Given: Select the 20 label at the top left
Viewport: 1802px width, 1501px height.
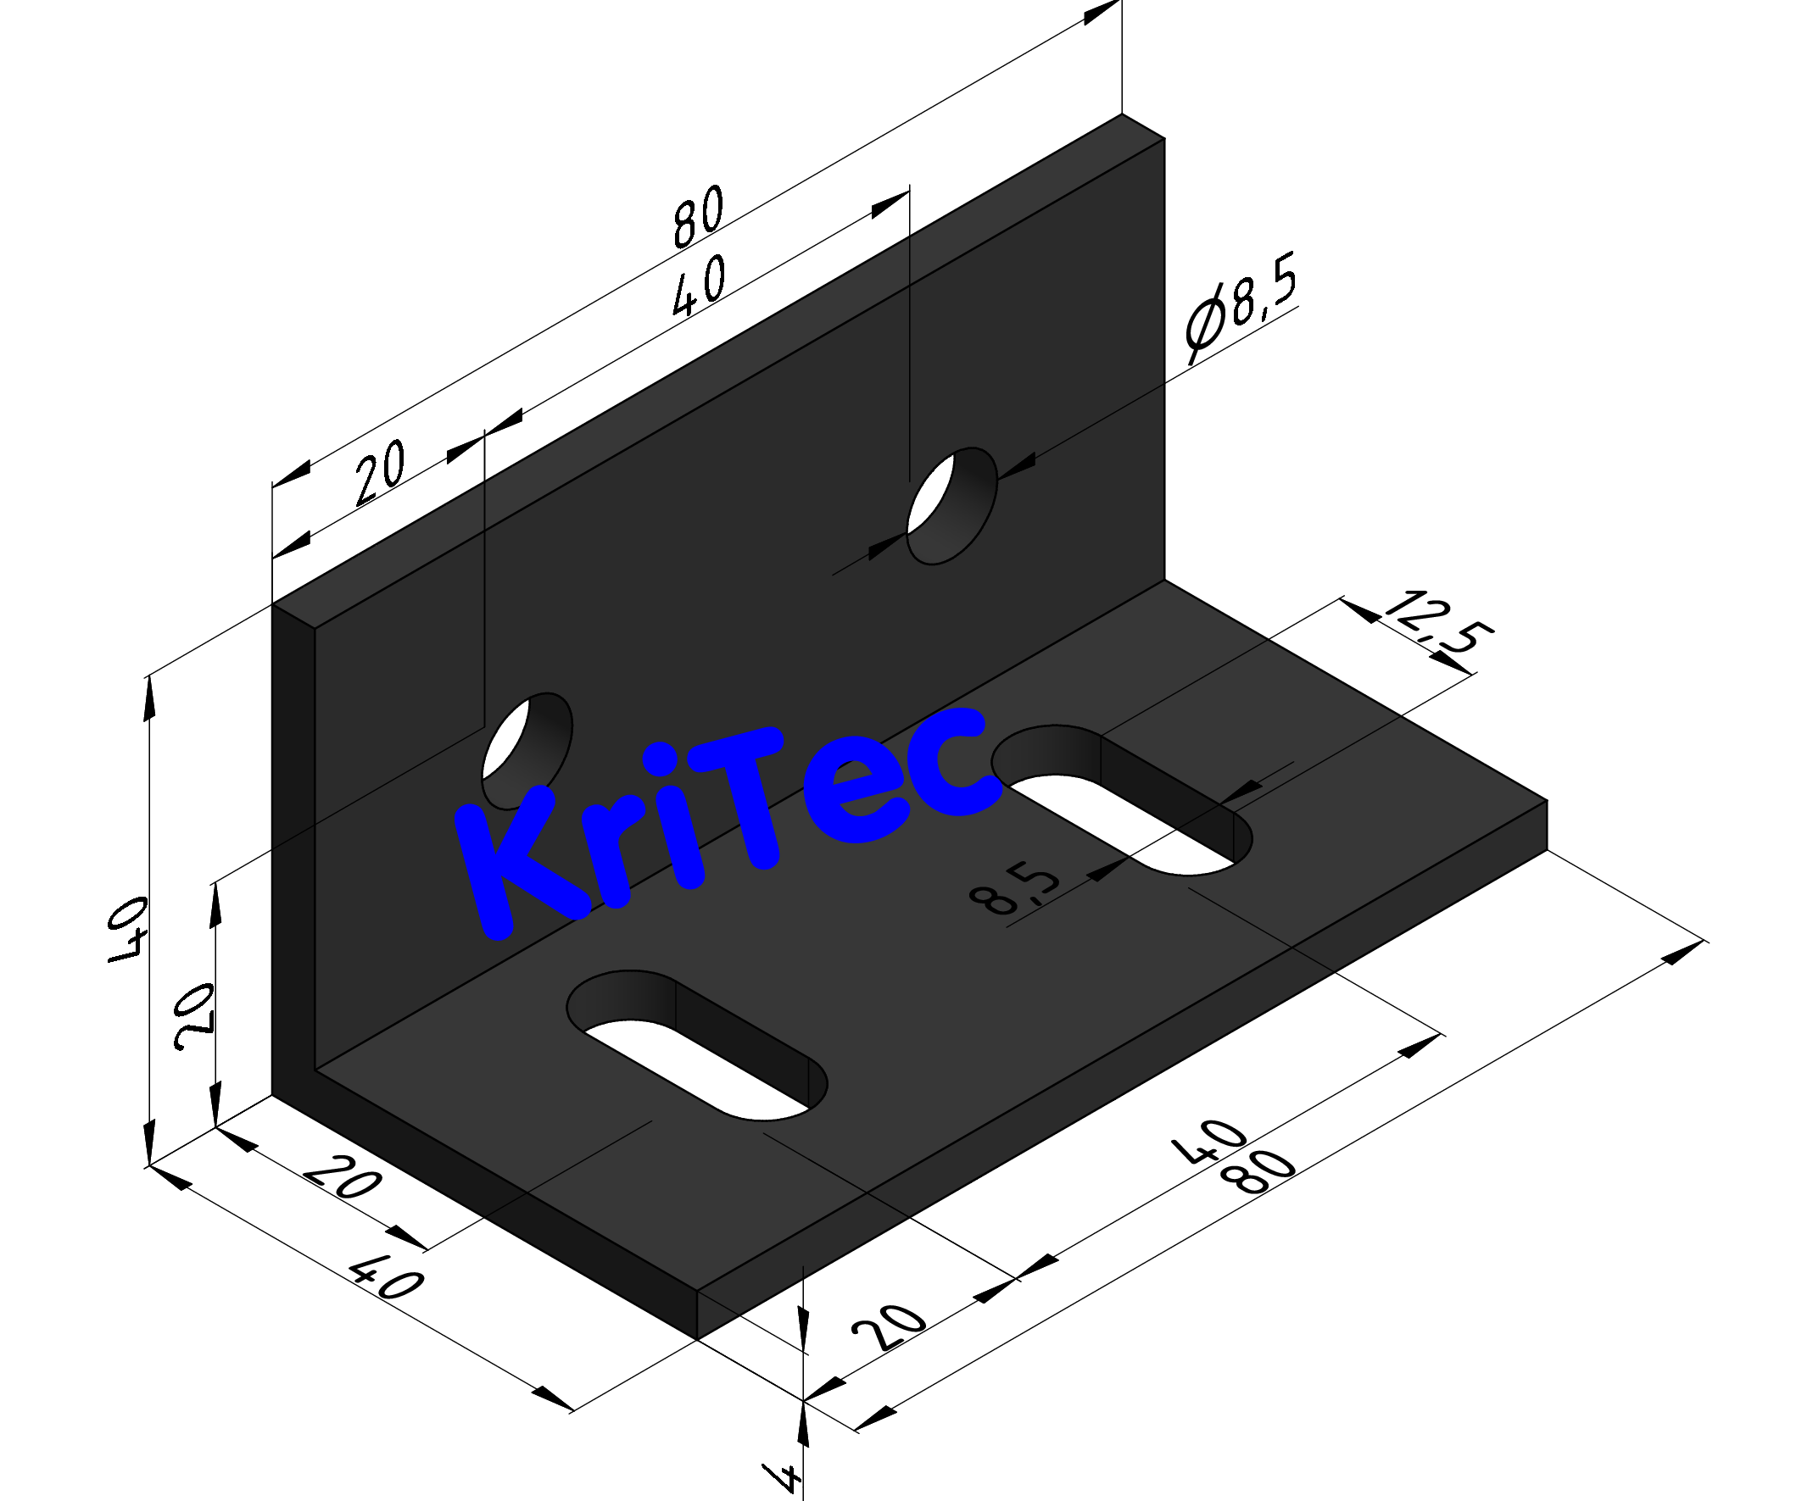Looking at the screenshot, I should point(379,474).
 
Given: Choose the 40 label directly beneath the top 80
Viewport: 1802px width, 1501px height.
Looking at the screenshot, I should point(699,286).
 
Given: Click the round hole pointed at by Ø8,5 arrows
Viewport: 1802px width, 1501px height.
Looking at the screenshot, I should point(952,506).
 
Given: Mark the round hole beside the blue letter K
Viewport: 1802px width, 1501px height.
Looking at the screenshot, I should point(527,748).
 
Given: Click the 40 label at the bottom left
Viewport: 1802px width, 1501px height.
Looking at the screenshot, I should point(386,1281).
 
